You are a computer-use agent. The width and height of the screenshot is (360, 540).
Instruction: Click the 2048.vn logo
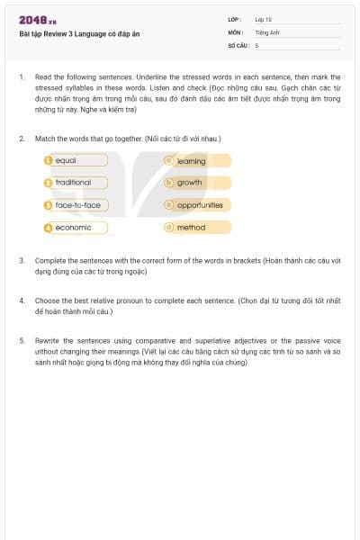(37, 21)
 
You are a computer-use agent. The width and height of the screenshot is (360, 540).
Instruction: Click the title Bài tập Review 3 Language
(79, 34)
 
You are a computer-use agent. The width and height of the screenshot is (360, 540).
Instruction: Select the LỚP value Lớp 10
(263, 19)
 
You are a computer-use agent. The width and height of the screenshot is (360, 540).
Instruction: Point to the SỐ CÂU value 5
(256, 44)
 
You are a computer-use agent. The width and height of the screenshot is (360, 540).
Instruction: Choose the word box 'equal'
(76, 160)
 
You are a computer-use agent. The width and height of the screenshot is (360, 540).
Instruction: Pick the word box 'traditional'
(76, 183)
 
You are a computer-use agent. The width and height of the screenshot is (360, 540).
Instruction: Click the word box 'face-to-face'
(76, 205)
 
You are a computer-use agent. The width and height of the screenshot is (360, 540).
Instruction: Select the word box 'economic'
(76, 228)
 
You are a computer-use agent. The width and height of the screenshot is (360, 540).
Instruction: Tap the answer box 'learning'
(197, 161)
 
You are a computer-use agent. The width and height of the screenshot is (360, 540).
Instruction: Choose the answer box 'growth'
(197, 183)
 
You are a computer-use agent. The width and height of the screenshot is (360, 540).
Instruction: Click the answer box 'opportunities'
(197, 205)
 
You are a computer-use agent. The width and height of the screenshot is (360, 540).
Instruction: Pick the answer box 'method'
(197, 228)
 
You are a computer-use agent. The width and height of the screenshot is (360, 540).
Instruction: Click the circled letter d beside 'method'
(168, 228)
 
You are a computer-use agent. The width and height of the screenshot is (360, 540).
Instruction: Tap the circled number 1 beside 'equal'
(49, 160)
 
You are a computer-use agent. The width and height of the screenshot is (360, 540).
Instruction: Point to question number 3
(22, 260)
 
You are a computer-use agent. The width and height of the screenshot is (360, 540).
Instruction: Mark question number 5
(22, 341)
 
